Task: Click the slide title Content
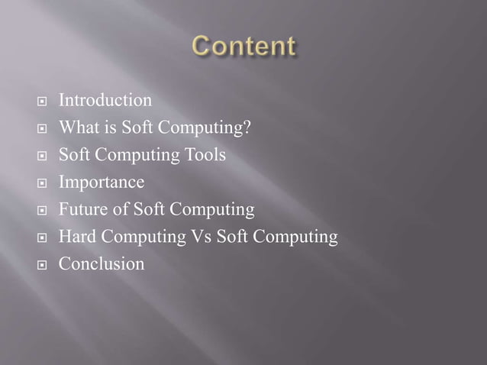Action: pos(243,47)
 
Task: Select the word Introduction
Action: pos(105,100)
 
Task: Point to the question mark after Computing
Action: pos(247,128)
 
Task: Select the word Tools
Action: pos(206,155)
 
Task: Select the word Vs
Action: pos(200,237)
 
